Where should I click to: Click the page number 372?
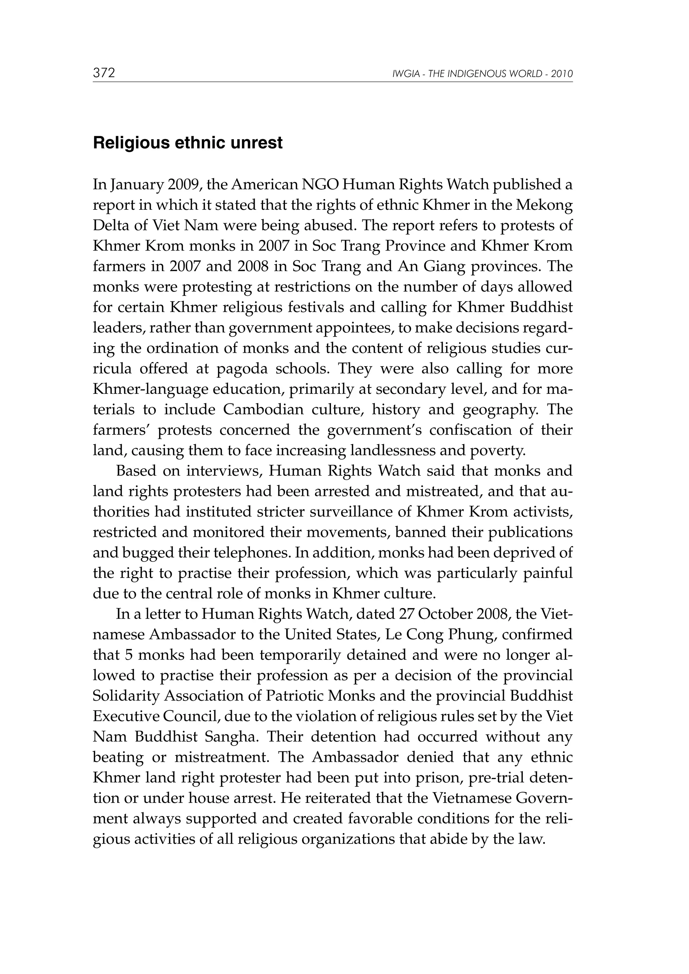[x=104, y=73]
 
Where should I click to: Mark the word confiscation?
[x=472, y=430]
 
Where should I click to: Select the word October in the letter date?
[x=451, y=614]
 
